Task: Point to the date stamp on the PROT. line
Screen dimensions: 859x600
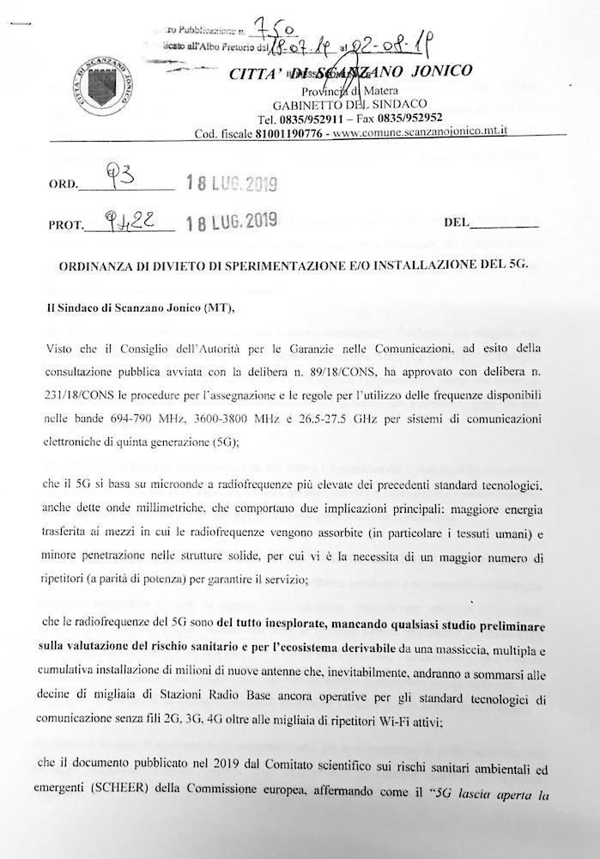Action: point(227,222)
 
